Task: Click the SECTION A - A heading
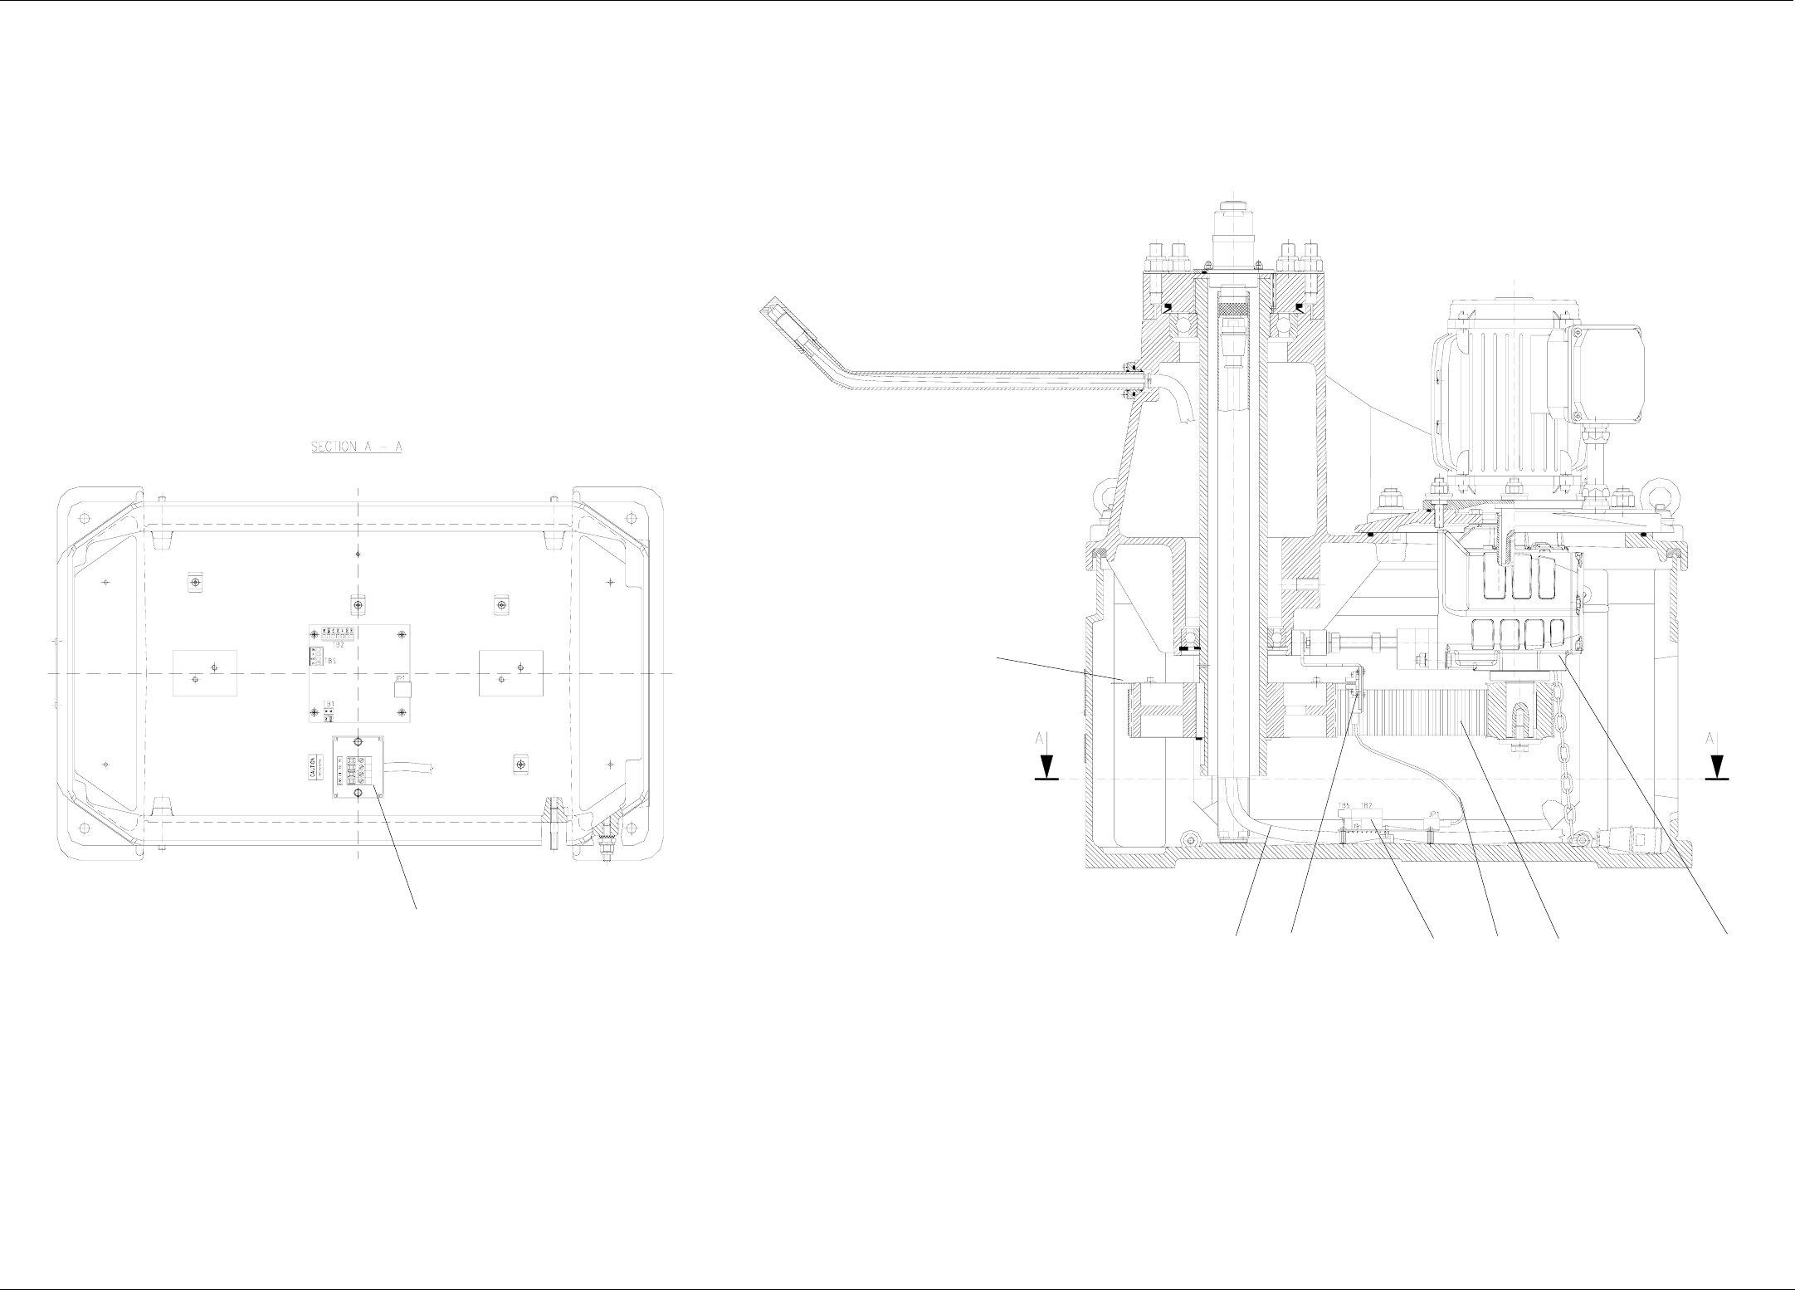(356, 447)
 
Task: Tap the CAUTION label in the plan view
(313, 767)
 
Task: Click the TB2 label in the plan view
(338, 643)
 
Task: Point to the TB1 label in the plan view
(329, 704)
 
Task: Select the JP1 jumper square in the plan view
(402, 687)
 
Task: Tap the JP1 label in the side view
(1434, 814)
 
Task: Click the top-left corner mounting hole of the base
(83, 517)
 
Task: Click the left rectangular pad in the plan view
(205, 673)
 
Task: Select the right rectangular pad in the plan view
(511, 673)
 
